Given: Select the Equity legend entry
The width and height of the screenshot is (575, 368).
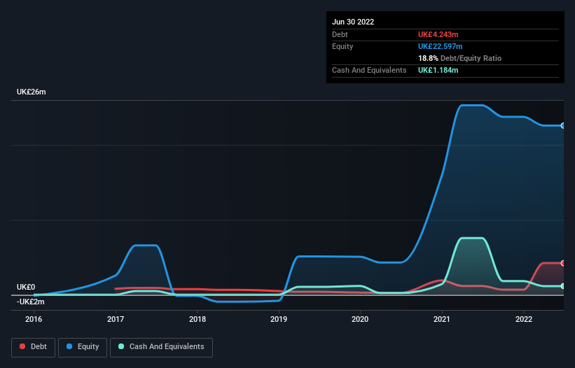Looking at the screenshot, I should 83,346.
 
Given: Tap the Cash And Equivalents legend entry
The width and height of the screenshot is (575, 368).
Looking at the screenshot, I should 161,346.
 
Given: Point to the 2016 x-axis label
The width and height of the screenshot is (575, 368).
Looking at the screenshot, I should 34,319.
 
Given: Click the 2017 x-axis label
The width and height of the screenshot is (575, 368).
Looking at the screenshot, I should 116,319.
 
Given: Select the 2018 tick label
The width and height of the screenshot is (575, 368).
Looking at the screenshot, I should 198,319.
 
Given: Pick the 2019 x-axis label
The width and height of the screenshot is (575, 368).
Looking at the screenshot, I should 279,319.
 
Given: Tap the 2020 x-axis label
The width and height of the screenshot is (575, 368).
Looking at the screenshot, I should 361,319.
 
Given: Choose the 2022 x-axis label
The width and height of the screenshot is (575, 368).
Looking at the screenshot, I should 524,319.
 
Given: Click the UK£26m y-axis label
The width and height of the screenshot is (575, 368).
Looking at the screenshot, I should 31,92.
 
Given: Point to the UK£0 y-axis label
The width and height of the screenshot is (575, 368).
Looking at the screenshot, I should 26,287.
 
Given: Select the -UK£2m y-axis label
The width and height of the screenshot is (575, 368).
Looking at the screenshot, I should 31,302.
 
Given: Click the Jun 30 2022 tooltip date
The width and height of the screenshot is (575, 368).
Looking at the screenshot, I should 353,22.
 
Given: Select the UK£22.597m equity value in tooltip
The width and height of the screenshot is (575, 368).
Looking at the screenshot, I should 442,46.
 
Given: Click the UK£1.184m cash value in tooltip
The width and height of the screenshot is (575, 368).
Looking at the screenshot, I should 438,70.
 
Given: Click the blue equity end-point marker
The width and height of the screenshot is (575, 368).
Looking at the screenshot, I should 563,125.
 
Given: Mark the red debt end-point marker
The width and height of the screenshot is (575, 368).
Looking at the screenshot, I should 563,263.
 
